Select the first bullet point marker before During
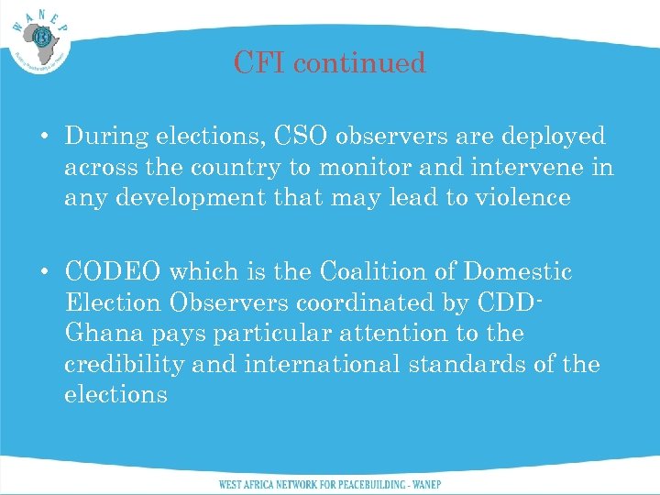44,137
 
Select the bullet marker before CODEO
44,273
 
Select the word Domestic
518,272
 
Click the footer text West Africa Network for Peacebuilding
329,483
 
